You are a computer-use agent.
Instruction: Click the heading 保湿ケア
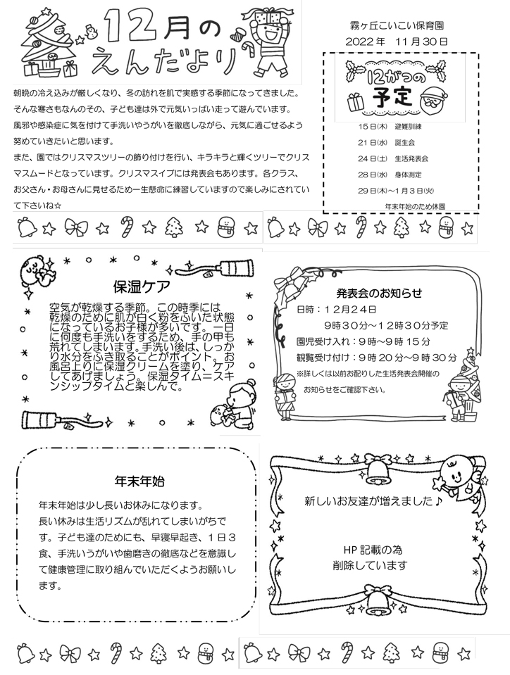click(x=139, y=286)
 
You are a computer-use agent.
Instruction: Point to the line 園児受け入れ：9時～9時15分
click(x=363, y=341)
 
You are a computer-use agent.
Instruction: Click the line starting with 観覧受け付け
click(x=376, y=357)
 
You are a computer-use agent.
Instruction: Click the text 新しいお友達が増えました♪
click(x=373, y=502)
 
